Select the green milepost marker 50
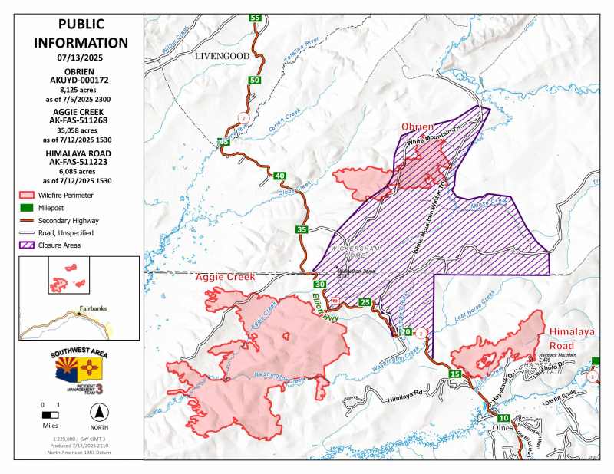point(255,80)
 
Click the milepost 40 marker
point(279,176)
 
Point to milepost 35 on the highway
point(302,229)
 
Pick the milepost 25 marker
point(365,301)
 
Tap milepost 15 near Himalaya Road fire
point(455,374)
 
